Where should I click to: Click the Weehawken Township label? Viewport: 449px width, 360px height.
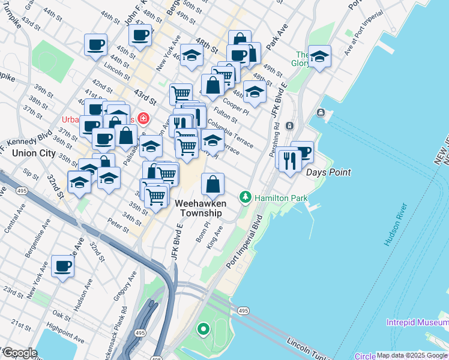[200, 208]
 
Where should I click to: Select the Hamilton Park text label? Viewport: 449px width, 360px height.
[280, 197]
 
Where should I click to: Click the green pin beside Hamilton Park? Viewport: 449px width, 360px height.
[245, 197]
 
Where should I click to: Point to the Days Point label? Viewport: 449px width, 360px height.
[328, 172]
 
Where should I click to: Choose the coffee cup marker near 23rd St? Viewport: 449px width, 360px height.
[62, 266]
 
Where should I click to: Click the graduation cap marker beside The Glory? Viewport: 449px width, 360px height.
[319, 58]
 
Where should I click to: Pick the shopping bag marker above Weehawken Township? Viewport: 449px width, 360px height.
[212, 185]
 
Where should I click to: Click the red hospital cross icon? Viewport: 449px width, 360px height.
[143, 118]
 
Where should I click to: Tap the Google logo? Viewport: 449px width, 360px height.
[20, 353]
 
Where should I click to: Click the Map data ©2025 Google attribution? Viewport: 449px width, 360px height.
[412, 356]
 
